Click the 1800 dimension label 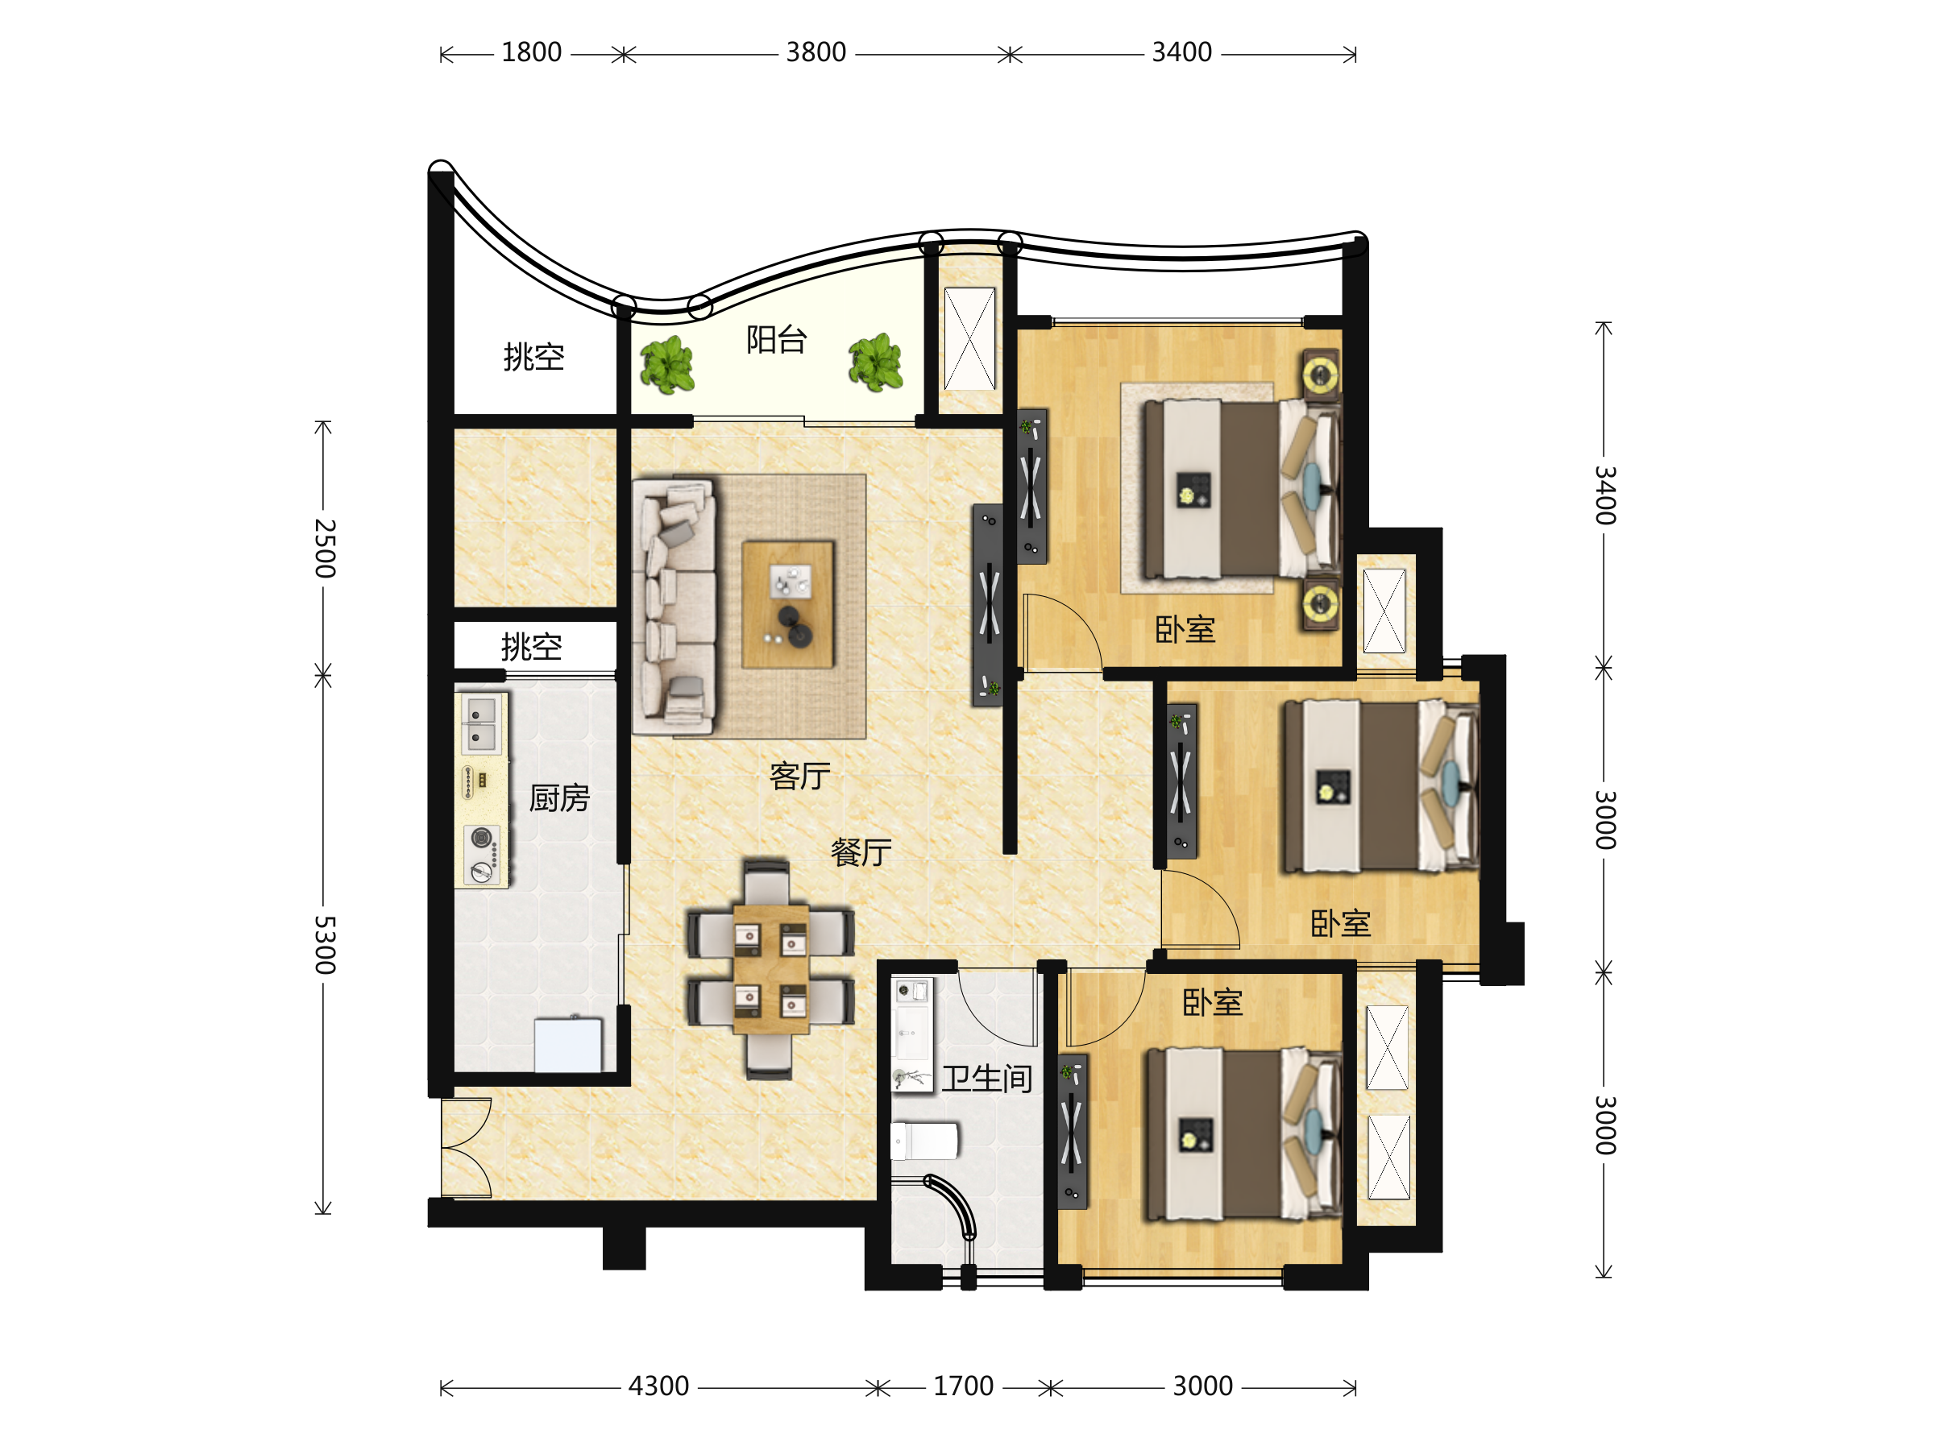click(x=532, y=52)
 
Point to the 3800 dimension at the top click(x=816, y=52)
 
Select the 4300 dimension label click(x=658, y=1386)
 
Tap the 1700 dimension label click(x=963, y=1386)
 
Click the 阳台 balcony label click(x=775, y=340)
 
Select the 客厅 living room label click(x=799, y=776)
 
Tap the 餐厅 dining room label click(x=861, y=852)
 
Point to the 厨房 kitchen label click(x=559, y=798)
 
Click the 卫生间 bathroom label click(x=987, y=1079)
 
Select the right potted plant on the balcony click(x=875, y=362)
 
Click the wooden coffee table click(x=788, y=605)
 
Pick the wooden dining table click(x=770, y=969)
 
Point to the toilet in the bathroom click(x=924, y=1141)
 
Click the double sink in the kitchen click(x=482, y=724)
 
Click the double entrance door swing click(x=466, y=1148)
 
